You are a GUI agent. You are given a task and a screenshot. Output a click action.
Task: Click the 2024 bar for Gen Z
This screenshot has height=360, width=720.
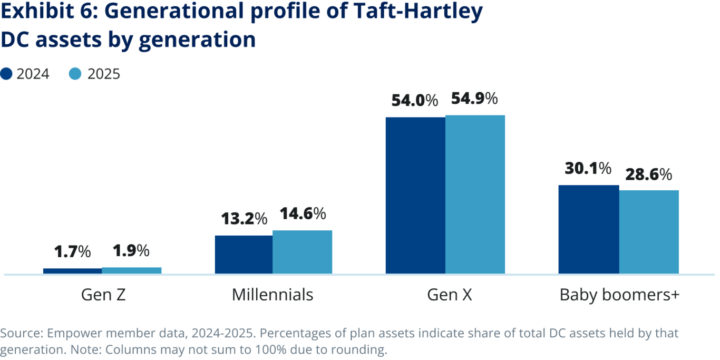[72, 271]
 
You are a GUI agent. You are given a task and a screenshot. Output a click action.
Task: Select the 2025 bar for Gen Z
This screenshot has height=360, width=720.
[131, 270]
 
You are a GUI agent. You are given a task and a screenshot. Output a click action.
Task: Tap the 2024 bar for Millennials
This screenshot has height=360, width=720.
[244, 255]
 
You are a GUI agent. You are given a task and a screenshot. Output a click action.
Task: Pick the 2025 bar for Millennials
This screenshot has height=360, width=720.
[303, 252]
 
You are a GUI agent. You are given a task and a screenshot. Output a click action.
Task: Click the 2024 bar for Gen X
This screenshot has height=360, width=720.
[415, 196]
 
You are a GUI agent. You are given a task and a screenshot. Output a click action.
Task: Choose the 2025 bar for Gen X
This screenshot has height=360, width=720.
[475, 194]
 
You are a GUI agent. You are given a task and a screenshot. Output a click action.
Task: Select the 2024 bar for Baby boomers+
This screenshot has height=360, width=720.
[589, 229]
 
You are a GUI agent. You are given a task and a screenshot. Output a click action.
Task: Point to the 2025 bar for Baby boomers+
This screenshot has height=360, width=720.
[649, 232]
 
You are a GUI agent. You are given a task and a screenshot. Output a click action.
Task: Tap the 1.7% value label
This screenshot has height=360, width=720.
[73, 251]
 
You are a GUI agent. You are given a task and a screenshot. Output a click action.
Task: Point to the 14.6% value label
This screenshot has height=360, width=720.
[303, 214]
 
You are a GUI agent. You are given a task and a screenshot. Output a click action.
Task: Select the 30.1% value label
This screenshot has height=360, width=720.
[588, 169]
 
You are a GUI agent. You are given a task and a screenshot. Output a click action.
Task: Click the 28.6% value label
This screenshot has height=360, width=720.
[648, 174]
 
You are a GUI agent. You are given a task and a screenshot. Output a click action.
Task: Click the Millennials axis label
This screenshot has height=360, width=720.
[273, 295]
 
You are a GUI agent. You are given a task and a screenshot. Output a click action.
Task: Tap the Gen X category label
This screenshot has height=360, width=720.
[449, 295]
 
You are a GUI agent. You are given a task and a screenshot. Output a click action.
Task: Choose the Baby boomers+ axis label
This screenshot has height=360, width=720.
[619, 295]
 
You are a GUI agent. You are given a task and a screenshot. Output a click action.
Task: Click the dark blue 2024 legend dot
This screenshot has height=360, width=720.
[6, 74]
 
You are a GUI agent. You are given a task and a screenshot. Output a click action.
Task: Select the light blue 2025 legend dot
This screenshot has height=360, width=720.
[75, 74]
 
